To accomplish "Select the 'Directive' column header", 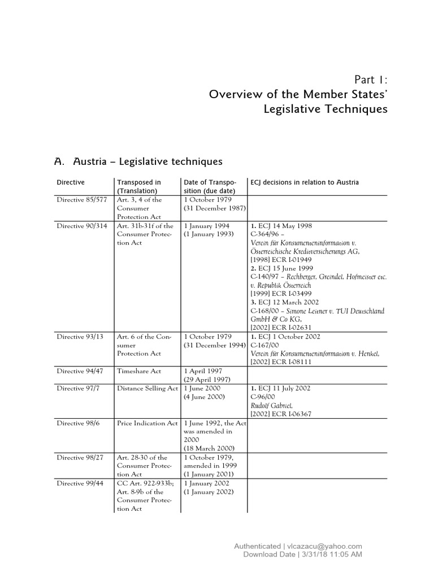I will (x=71, y=182).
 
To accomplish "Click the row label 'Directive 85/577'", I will (x=80, y=200).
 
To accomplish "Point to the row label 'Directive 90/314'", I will (x=80, y=226).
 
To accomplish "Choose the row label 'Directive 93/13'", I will (x=78, y=336).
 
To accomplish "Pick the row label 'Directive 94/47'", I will (x=78, y=371).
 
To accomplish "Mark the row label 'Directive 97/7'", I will (x=76, y=388).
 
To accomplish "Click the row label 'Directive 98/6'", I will (x=76, y=423).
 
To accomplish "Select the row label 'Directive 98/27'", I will (x=78, y=457).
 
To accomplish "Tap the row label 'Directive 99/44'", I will (x=78, y=483).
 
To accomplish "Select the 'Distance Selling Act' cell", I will (x=146, y=388).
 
